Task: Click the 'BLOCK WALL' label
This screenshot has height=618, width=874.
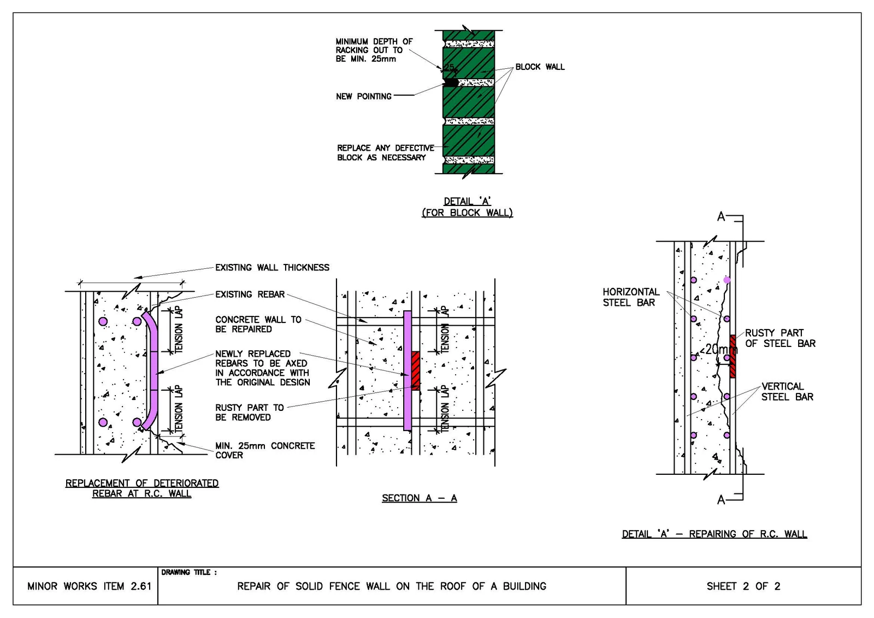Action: (x=540, y=67)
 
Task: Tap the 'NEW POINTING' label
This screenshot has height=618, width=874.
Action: (x=364, y=96)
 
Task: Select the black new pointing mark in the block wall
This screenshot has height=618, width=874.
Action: (x=451, y=83)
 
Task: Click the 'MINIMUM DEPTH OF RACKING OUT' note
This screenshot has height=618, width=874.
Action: (x=374, y=50)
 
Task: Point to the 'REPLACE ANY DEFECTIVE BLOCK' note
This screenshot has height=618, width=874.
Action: (x=386, y=152)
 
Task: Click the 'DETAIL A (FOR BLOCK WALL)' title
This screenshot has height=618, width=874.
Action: (x=467, y=207)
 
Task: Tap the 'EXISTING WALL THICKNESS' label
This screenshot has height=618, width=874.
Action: (x=273, y=267)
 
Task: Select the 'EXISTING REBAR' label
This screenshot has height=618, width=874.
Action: (x=250, y=295)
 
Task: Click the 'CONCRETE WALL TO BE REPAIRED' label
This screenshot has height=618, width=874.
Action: (x=258, y=325)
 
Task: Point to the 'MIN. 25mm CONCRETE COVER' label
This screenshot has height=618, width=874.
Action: (x=265, y=450)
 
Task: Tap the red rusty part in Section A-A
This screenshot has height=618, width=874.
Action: (x=416, y=370)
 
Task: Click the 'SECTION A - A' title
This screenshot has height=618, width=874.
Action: (x=419, y=498)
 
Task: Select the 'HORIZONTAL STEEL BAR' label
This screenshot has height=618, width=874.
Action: (x=631, y=297)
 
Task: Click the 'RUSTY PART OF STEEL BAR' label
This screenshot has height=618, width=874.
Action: (x=780, y=338)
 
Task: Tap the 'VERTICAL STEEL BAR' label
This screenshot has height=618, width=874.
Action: (x=787, y=392)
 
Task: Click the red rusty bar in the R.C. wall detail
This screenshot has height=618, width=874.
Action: (x=733, y=356)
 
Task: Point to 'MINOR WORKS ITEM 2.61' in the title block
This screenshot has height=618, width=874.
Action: (x=89, y=586)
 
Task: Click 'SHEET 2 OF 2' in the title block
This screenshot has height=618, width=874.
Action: (x=743, y=586)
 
